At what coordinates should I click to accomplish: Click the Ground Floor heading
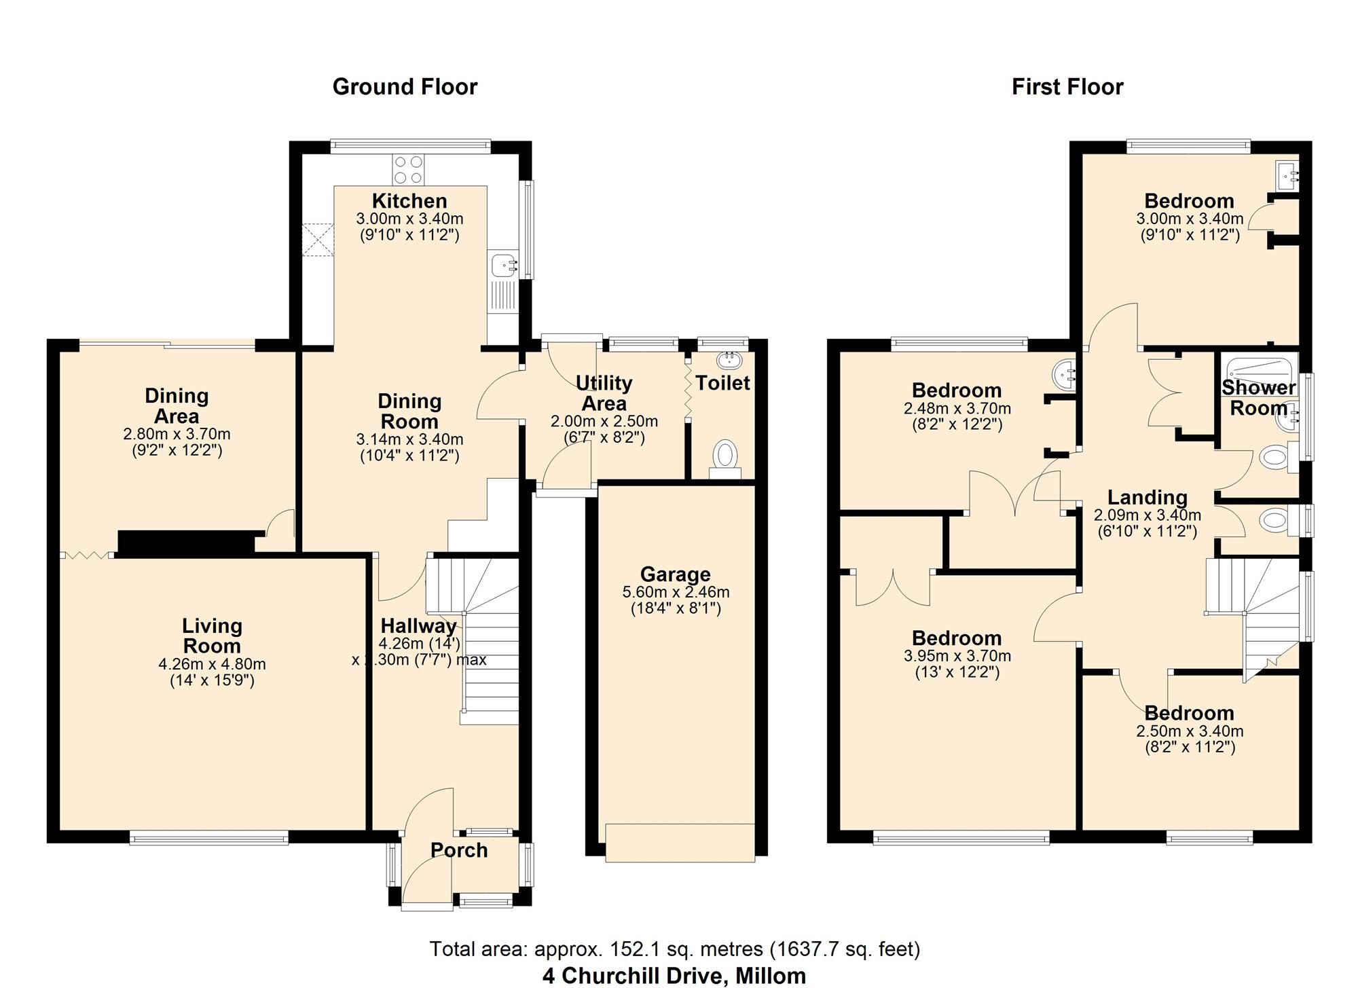(x=405, y=87)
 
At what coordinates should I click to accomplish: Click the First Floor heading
(x=1067, y=87)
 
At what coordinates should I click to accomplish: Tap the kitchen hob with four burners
(x=408, y=169)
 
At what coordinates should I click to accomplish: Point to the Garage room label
(x=675, y=574)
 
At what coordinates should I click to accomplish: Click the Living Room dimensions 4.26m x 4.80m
(x=212, y=664)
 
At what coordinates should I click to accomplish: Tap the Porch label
(x=459, y=850)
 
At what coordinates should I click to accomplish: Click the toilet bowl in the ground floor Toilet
(x=726, y=456)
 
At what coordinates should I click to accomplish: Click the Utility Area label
(x=604, y=393)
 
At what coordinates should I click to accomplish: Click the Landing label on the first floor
(x=1148, y=498)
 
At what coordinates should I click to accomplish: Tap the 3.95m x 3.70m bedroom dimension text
(x=957, y=656)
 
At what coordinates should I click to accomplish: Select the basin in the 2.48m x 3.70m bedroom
(x=1063, y=374)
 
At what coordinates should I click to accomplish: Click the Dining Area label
(x=177, y=406)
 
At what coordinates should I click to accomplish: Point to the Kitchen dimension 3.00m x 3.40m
(x=409, y=219)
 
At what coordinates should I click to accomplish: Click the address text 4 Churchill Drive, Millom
(x=674, y=976)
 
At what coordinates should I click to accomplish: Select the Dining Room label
(x=409, y=411)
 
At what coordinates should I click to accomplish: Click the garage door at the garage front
(x=680, y=843)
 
